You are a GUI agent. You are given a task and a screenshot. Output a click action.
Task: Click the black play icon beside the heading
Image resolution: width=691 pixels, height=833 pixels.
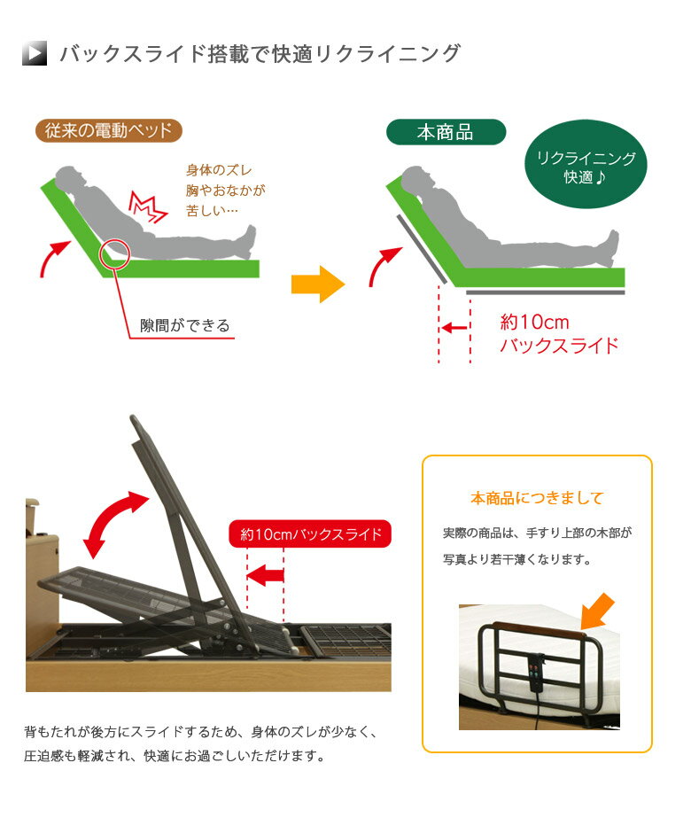[35, 54]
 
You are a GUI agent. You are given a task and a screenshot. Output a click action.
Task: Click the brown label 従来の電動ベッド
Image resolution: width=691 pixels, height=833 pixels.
[108, 130]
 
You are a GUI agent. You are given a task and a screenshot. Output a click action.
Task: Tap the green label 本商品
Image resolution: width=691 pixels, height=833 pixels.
[445, 133]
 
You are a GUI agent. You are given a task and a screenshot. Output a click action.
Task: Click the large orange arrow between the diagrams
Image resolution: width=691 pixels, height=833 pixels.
[316, 284]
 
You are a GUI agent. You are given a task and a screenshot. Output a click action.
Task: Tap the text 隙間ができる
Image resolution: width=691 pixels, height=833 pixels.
[185, 325]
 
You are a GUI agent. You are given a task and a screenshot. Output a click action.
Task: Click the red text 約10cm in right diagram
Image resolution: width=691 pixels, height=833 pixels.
[534, 322]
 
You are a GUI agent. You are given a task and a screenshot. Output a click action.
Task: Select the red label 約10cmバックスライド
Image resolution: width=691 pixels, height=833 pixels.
[310, 534]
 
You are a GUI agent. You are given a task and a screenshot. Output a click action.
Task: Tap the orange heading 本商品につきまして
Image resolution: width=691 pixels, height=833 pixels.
[537, 498]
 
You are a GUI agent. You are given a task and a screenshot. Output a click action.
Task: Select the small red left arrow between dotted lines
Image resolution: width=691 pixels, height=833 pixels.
[454, 328]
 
